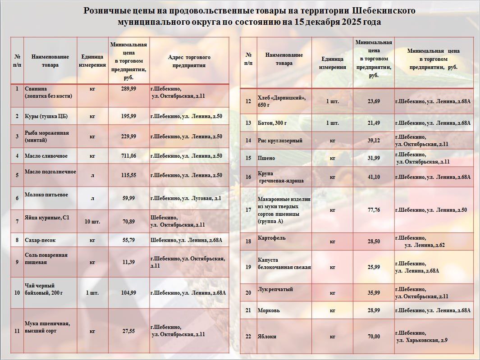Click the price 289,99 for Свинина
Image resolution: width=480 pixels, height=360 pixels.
click(128, 89)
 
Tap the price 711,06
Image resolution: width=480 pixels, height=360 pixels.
click(128, 156)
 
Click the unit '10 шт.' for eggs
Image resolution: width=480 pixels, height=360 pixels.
click(92, 222)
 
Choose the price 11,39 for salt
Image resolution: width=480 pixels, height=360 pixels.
click(128, 262)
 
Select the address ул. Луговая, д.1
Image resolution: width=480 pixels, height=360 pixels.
click(186, 198)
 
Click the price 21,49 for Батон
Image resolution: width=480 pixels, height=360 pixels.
click(374, 123)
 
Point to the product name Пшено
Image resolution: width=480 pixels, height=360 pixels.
click(266, 158)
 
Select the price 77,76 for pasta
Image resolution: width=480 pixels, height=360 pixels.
click(374, 210)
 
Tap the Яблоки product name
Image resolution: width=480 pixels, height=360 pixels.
click(267, 337)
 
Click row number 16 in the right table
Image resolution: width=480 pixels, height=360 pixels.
click(248, 177)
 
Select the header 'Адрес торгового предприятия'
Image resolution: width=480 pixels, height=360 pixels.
click(189, 61)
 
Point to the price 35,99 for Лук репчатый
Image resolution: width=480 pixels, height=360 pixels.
click(374, 293)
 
